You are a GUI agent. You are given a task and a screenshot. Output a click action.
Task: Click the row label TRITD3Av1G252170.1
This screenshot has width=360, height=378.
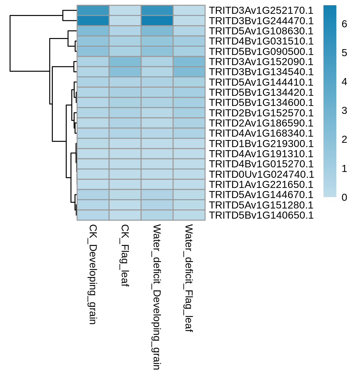point(261,10)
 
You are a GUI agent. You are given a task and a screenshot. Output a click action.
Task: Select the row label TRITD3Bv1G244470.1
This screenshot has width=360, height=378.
point(261,21)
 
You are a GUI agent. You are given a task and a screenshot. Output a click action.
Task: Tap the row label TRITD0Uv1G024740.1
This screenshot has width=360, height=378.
point(261,174)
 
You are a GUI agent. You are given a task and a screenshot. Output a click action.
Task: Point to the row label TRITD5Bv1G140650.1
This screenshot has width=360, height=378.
point(261,215)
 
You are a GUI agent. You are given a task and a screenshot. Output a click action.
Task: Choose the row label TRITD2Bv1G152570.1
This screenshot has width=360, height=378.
point(261,113)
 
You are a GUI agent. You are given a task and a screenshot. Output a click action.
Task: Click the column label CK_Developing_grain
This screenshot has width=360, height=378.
point(93,274)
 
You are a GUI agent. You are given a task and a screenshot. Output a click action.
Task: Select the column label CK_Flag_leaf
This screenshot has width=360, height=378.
point(125,255)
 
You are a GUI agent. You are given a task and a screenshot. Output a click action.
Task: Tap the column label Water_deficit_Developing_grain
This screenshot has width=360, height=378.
point(157,297)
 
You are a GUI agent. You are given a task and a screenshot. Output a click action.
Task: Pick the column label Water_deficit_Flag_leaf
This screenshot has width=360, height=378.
point(189,278)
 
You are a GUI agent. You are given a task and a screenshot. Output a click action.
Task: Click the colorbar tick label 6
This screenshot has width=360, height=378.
point(344,24)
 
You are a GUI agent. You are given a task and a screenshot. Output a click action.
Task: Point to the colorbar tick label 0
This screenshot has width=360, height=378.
point(344,197)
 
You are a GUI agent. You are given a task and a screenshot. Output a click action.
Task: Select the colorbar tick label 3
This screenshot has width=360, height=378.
point(344,111)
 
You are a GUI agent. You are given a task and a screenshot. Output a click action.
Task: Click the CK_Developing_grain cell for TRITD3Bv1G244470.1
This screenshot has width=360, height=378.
point(93,21)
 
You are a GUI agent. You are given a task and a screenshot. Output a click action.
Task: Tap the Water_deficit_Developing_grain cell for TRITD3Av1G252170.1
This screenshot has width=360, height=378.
point(157,10)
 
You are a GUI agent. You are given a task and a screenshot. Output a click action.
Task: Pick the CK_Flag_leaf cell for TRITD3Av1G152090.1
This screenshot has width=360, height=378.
point(125,61)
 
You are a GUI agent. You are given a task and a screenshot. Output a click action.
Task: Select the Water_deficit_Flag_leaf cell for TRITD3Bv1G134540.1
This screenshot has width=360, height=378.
point(189,72)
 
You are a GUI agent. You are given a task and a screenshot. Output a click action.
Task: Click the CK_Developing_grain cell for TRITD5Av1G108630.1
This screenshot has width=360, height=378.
point(93,31)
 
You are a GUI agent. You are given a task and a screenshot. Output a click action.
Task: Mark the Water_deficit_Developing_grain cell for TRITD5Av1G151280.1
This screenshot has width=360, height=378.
point(157,205)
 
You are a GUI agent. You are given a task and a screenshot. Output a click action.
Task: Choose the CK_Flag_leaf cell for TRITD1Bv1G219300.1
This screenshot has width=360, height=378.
point(125,143)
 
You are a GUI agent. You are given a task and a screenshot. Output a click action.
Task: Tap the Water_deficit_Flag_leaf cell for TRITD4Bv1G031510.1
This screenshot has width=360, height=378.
point(189,41)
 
